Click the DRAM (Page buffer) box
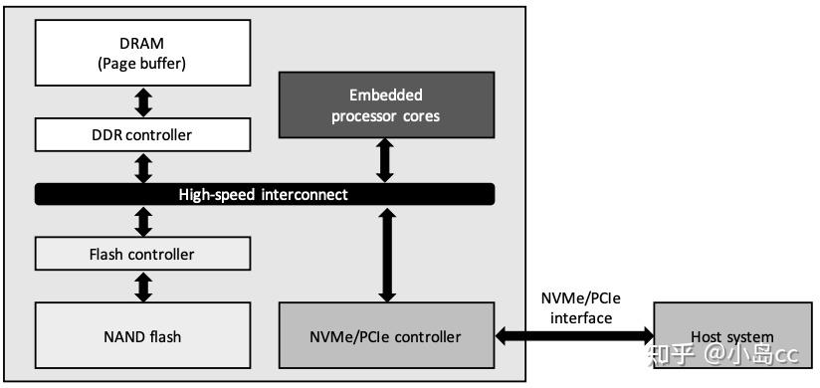[142, 54]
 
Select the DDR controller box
[142, 134]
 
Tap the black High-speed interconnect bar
[264, 194]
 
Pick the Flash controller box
[142, 254]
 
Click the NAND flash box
[142, 336]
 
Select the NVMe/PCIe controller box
[387, 336]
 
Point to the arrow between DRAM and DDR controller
[143, 101]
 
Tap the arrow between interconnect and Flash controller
[143, 222]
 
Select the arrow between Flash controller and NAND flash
[143, 287]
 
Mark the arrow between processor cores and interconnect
[387, 160]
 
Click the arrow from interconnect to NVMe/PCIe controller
[387, 254]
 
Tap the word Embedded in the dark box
[386, 96]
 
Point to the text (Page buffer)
[142, 65]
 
